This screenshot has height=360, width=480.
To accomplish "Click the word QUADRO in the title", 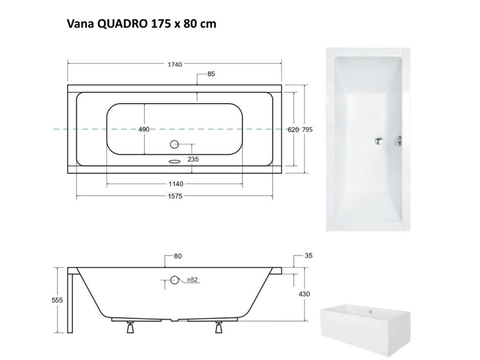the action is pos(122,23).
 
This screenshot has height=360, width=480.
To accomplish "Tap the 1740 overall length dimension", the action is pos(175,64).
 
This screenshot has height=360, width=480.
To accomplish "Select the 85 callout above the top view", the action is pos(211,74).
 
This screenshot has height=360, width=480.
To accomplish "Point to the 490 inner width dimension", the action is pos(144,129).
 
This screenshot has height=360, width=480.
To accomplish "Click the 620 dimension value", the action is pos(293,130).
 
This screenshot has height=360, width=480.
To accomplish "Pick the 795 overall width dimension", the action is pos(307,129).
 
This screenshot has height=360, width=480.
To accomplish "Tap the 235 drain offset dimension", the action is pos(193,159).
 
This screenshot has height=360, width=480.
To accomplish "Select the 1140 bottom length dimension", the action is pos(176,184).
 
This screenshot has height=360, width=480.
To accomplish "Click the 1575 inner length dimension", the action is pos(175,196).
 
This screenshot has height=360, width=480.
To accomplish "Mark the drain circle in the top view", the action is pos(174,144).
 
